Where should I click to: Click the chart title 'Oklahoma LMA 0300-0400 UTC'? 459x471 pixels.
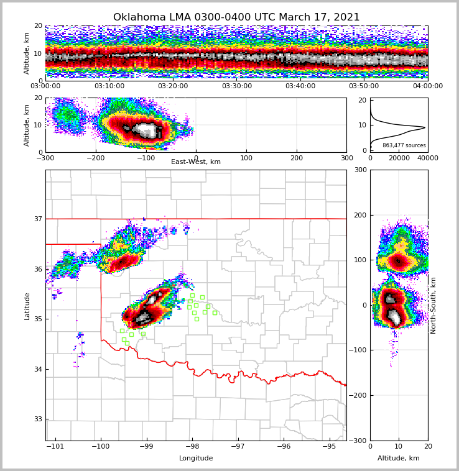[x=236, y=17]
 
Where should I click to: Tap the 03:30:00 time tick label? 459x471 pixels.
[x=236, y=86]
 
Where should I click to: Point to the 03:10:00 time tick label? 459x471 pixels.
[x=109, y=86]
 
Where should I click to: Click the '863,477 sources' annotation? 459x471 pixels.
[x=404, y=145]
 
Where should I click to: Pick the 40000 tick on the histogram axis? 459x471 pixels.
[x=427, y=158]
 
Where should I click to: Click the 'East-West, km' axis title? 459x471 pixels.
[x=196, y=162]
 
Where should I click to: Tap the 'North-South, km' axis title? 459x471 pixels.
[x=433, y=305]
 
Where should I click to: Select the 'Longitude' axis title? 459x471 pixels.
[x=196, y=459]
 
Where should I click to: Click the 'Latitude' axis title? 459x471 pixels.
[x=27, y=306]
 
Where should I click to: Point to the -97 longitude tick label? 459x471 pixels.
[x=238, y=446]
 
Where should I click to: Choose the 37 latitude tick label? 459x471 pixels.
[x=37, y=219]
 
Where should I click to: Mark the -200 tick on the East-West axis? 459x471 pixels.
[x=96, y=158]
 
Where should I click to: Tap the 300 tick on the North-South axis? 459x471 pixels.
[x=359, y=170]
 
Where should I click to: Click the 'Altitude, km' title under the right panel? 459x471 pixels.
[x=399, y=459]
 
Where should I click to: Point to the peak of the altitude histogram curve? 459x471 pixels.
[x=425, y=127]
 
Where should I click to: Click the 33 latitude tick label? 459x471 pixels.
[x=37, y=419]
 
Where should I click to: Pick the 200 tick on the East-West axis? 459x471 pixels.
[x=297, y=158]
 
